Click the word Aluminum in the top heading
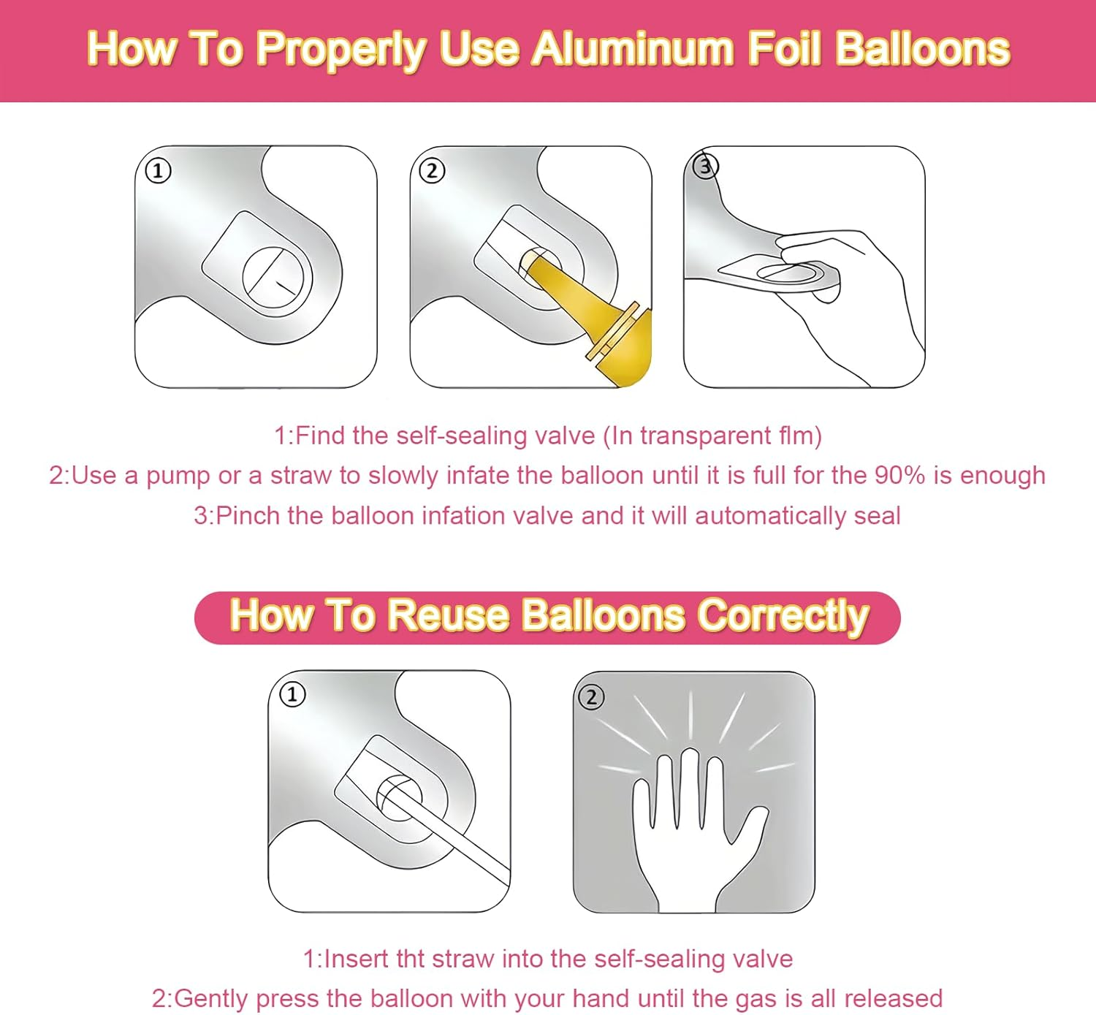point(633,50)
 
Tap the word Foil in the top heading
point(785,50)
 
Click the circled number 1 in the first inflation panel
point(158,171)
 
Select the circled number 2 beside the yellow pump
point(432,171)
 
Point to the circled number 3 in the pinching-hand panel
point(704,167)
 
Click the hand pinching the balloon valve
point(855,292)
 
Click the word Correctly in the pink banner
point(783,615)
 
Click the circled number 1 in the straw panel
point(292,693)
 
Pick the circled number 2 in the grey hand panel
point(591,696)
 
